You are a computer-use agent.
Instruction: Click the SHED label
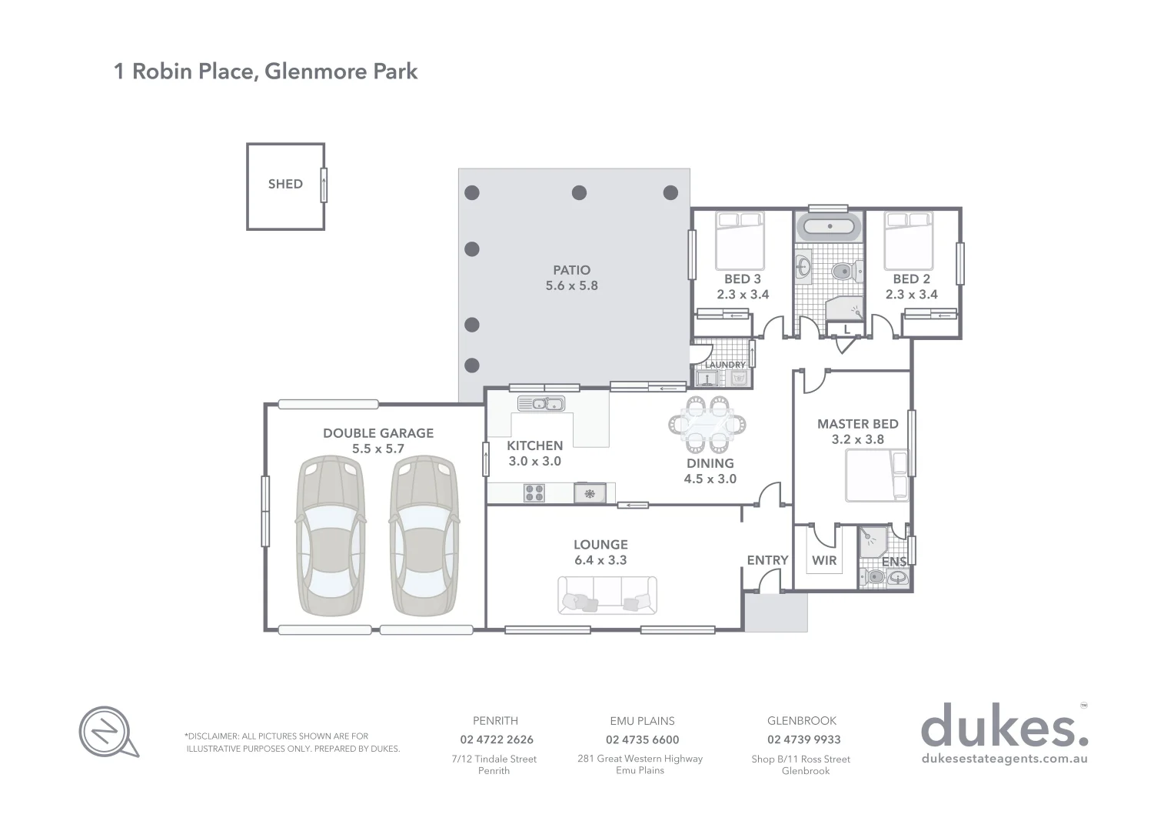tap(285, 184)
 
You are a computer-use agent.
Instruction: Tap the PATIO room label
tap(571, 270)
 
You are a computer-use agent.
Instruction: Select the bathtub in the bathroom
tap(826, 228)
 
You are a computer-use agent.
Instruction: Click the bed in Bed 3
tap(740, 240)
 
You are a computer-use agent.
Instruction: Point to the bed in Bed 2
tap(908, 240)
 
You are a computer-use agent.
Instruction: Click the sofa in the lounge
tap(607, 596)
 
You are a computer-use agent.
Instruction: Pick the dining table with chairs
tap(707, 423)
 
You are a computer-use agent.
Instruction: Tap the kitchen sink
tap(540, 403)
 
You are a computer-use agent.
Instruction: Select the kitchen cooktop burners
tap(534, 492)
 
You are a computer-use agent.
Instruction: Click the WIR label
tap(824, 560)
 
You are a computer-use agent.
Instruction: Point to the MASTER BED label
tap(857, 424)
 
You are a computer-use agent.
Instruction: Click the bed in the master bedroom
tap(876, 476)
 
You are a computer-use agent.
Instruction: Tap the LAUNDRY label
tap(725, 365)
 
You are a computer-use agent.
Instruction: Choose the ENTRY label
tap(767, 560)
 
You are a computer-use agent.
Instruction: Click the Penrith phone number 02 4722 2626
tap(497, 739)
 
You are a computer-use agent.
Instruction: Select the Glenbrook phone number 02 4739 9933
tap(803, 739)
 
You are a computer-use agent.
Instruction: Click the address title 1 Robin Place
tap(266, 72)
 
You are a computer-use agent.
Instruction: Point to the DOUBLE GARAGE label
tap(378, 433)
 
